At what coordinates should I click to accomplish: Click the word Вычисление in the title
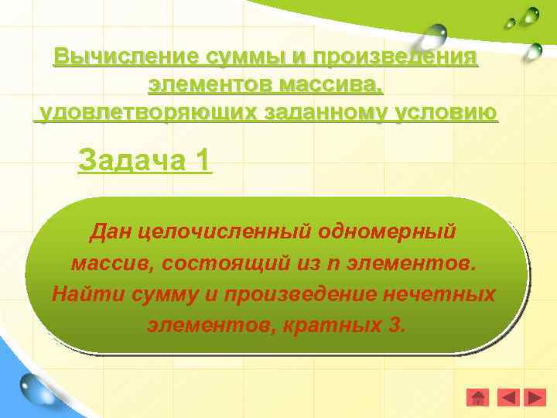tap(125, 57)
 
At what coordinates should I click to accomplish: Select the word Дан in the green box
tap(108, 231)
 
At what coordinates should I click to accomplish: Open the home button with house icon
tap(478, 398)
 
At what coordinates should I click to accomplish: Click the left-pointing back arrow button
tap(507, 398)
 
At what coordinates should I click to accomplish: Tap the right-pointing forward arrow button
tap(535, 398)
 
